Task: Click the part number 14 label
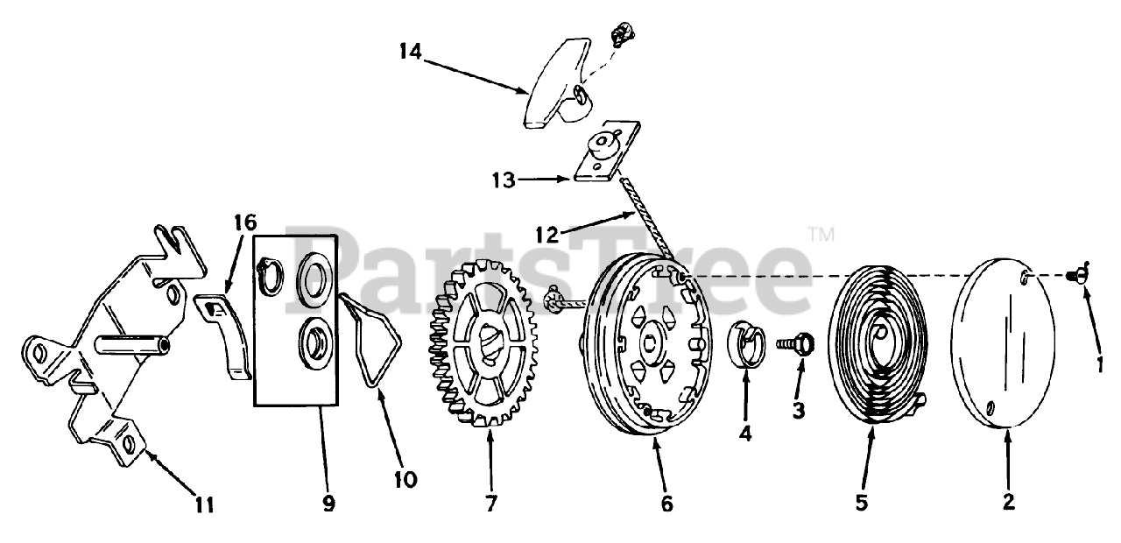pyautogui.click(x=409, y=52)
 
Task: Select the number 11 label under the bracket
pyautogui.click(x=204, y=504)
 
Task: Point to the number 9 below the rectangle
pyautogui.click(x=328, y=504)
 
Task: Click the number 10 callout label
pyautogui.click(x=405, y=479)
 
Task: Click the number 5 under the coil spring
pyautogui.click(x=862, y=503)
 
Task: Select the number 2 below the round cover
pyautogui.click(x=1009, y=503)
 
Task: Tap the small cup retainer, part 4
pyautogui.click(x=746, y=341)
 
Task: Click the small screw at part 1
pyautogui.click(x=1076, y=277)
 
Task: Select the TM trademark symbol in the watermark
pyautogui.click(x=821, y=234)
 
